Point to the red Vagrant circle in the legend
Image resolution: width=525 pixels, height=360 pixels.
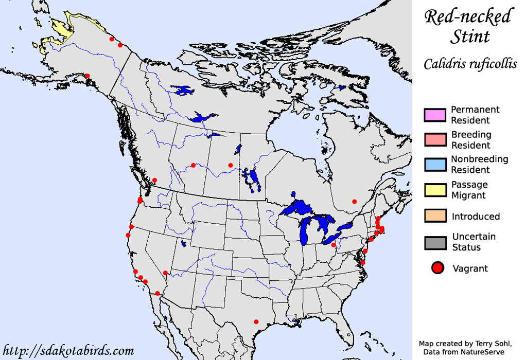tap(437, 268)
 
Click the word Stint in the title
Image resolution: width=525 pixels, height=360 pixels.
tap(470, 37)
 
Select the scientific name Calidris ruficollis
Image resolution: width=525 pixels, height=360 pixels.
tap(470, 64)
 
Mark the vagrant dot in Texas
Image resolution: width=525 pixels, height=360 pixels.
tap(256, 322)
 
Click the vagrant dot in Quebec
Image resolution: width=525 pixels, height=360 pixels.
tap(354, 201)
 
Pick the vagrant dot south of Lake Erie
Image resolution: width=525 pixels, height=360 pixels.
tap(334, 245)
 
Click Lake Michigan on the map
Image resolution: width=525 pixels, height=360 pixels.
tap(305, 231)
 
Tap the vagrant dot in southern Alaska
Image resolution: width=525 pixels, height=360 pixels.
tap(87, 76)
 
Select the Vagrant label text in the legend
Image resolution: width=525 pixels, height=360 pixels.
tap(470, 268)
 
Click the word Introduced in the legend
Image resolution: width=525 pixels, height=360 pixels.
tap(476, 216)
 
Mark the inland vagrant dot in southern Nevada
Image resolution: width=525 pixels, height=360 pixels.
tap(165, 273)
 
